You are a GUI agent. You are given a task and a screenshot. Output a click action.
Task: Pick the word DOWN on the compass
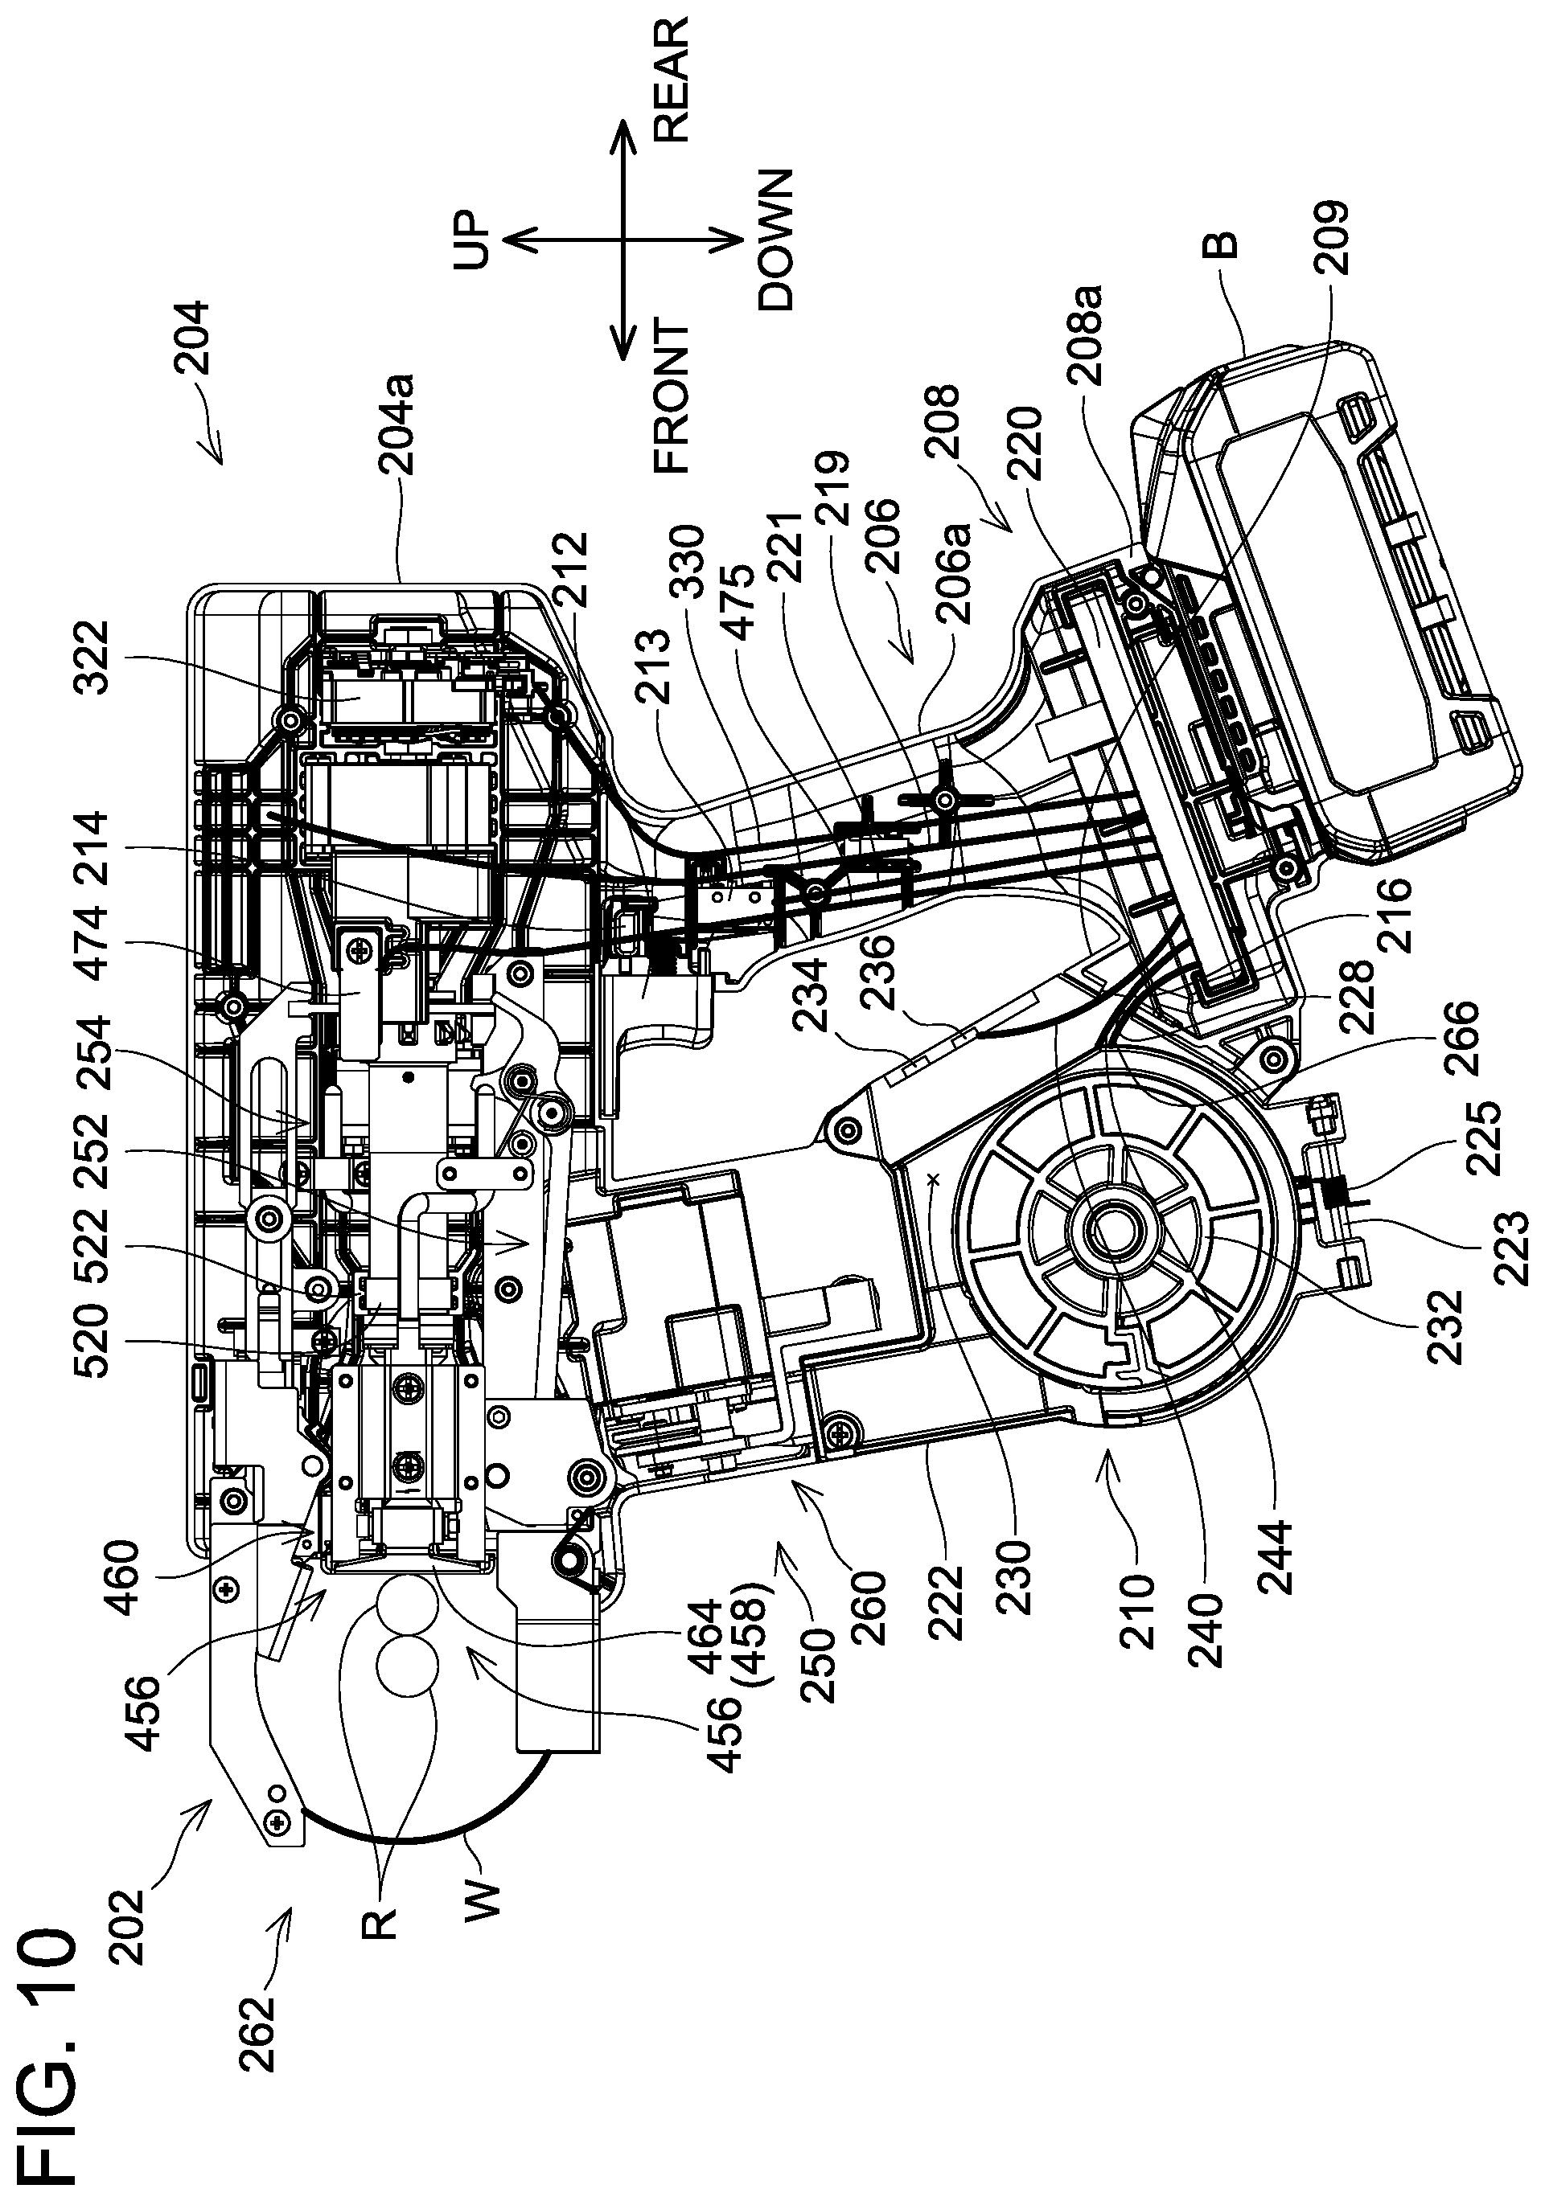tap(775, 240)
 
